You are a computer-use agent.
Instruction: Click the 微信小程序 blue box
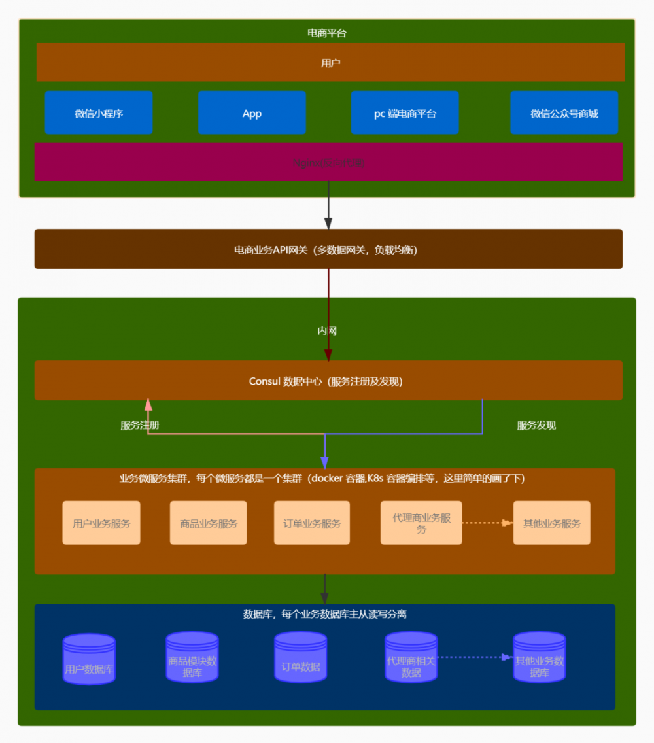tap(99, 113)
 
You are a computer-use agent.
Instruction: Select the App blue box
tap(252, 113)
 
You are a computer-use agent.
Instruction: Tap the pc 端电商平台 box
tap(405, 113)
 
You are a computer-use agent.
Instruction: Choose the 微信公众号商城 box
tap(564, 113)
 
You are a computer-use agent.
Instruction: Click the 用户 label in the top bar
tap(330, 63)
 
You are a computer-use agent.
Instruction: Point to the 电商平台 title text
tap(327, 33)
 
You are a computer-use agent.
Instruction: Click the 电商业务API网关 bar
tap(328, 249)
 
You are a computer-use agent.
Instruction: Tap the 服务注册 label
tap(140, 425)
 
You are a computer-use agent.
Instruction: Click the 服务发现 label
tap(536, 425)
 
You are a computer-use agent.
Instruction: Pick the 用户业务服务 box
tap(101, 523)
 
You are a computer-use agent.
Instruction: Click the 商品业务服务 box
tap(209, 523)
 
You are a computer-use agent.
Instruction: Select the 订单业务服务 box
tap(312, 523)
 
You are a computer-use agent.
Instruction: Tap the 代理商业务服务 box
tap(421, 523)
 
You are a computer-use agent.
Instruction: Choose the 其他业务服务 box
tap(552, 523)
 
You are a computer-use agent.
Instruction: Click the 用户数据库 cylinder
tap(89, 659)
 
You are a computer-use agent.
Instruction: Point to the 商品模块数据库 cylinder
tap(192, 658)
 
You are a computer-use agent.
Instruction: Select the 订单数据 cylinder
tap(301, 658)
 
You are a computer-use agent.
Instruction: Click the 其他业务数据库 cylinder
tap(539, 658)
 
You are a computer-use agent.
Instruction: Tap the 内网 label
tap(327, 331)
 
